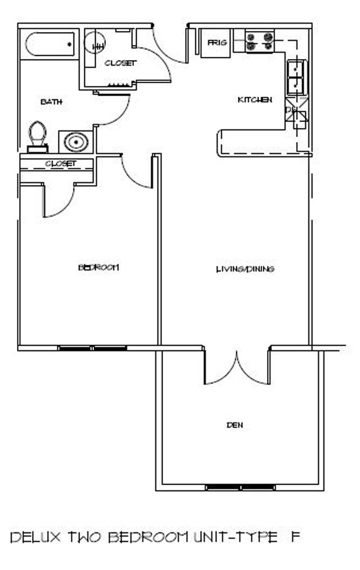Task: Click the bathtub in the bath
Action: point(49,44)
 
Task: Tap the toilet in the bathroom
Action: point(38,137)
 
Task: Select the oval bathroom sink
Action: point(76,142)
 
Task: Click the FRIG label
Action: point(217,43)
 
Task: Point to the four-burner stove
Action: point(259,42)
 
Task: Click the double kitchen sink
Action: point(297,78)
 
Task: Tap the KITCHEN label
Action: point(255,99)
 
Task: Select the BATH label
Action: point(51,102)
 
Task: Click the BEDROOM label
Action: point(98,268)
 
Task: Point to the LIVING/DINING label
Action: point(245,269)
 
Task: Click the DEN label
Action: point(235,424)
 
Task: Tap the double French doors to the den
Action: point(237,367)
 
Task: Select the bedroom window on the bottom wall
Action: point(92,349)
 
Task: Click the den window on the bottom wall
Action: point(240,487)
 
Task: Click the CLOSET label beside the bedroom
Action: point(61,164)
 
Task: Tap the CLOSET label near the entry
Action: point(120,63)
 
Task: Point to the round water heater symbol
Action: point(94,42)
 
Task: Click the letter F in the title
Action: point(295,537)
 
